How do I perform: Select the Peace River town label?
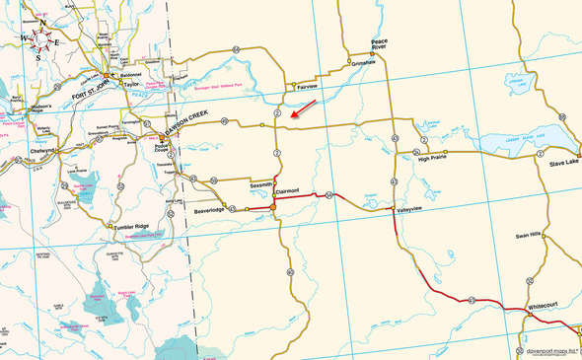coord(379,43)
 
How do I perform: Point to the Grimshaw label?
coord(364,62)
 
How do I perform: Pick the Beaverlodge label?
coord(210,210)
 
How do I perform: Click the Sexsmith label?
coord(261,185)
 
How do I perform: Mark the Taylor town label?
coord(133,85)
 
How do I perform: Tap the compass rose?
coord(40,39)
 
